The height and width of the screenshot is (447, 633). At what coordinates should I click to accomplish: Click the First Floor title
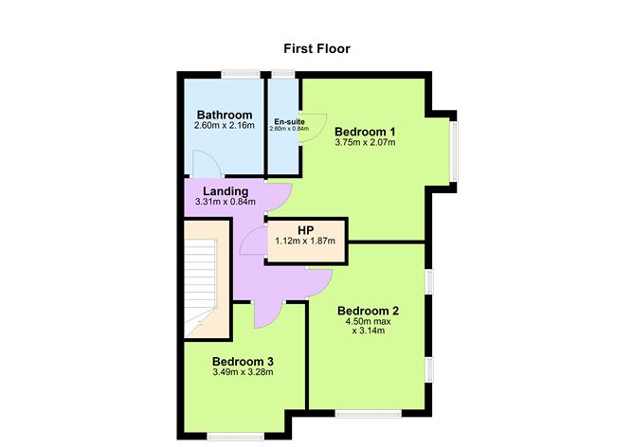[x=317, y=46]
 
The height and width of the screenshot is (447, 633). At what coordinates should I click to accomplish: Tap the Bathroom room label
[x=224, y=116]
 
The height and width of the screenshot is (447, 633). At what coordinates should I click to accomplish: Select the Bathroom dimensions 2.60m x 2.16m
[x=224, y=126]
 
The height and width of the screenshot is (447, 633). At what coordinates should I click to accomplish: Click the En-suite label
[x=288, y=122]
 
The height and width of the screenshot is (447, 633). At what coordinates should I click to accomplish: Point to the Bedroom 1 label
[x=365, y=132]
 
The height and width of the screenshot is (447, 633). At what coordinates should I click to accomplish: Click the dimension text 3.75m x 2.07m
[x=365, y=143]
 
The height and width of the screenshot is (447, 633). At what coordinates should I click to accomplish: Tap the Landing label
[x=226, y=191]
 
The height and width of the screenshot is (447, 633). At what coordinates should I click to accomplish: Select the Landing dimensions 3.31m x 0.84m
[x=226, y=202]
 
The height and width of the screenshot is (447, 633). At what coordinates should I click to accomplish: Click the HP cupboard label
[x=305, y=230]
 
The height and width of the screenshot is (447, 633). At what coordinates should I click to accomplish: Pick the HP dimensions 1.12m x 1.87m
[x=306, y=241]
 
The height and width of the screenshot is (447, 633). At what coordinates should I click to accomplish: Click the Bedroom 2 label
[x=368, y=311]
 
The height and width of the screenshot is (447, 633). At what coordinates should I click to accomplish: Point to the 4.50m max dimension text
[x=368, y=322]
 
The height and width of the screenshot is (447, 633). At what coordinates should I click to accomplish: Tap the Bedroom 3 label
[x=243, y=361]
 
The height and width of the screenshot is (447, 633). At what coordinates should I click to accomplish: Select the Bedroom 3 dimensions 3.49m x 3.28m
[x=243, y=372]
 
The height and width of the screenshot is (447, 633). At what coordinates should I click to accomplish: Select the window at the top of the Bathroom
[x=241, y=73]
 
